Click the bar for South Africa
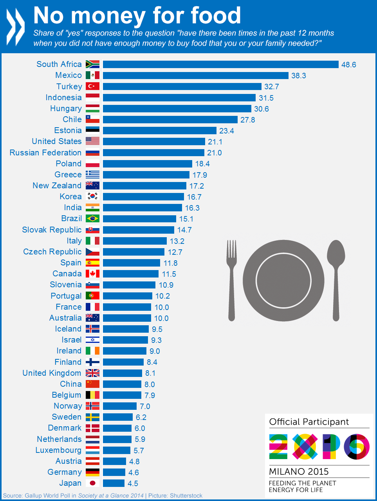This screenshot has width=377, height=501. [220, 64]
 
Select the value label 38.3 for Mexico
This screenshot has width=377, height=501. [298, 76]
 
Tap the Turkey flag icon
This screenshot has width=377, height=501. [93, 86]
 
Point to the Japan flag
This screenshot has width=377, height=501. [93, 483]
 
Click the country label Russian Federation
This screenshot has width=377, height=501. [46, 153]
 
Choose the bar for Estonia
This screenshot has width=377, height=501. [159, 130]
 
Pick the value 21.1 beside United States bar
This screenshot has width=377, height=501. [215, 142]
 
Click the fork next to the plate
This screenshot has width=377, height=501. [232, 280]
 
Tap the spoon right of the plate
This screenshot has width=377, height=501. [336, 280]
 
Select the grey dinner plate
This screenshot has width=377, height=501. [283, 280]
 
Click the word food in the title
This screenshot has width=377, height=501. [216, 16]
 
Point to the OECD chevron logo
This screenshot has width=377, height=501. [16, 27]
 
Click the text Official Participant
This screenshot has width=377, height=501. [309, 422]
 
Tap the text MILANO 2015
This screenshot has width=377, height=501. [299, 472]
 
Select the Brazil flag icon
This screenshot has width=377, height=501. [93, 218]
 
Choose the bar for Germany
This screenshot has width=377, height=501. [114, 472]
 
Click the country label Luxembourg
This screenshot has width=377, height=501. [59, 450]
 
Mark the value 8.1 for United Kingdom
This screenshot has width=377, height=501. [150, 373]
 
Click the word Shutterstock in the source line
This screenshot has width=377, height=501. [186, 496]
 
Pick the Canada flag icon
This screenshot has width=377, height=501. [93, 274]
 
